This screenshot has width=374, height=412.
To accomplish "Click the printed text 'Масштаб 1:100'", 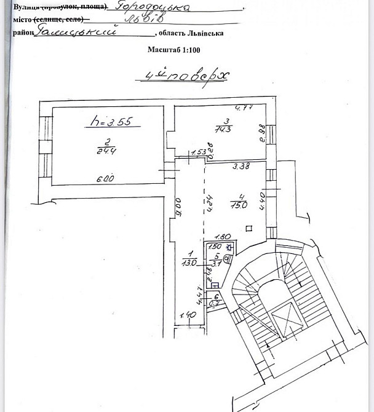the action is [174, 52].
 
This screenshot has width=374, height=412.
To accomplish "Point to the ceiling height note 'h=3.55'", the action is [108, 122].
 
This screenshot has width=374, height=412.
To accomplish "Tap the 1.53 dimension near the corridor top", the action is [198, 153].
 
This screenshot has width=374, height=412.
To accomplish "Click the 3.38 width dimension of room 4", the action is [241, 165].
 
